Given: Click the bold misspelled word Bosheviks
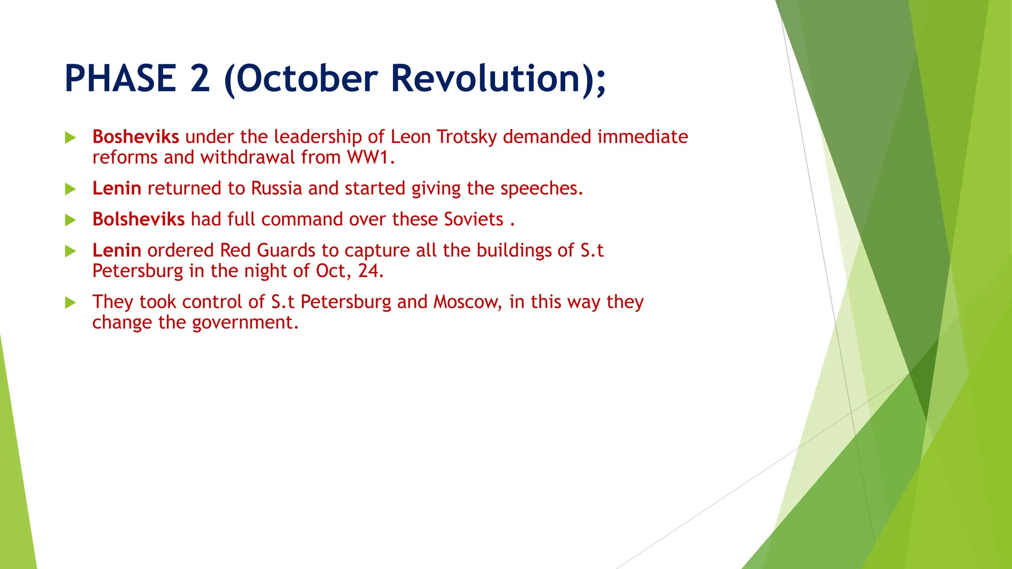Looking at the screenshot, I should tap(135, 137).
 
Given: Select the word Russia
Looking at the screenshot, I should tap(276, 189).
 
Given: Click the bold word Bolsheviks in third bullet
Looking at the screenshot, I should tap(138, 219).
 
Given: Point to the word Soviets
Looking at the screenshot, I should tap(473, 219).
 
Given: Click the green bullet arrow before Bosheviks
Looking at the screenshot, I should tap(71, 138).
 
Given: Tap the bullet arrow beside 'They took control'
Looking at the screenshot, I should tap(71, 303).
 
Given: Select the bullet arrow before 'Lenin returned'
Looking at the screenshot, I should tap(71, 189).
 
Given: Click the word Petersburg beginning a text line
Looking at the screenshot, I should tap(137, 271).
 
